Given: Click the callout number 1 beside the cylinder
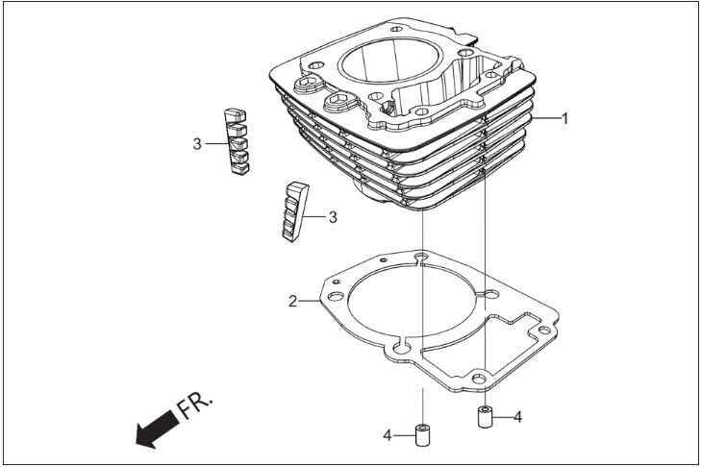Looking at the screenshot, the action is (565, 118).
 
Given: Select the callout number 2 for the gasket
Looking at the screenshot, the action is (292, 301).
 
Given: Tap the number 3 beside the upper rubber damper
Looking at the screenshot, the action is (197, 144).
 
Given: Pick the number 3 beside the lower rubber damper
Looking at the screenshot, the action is (333, 217).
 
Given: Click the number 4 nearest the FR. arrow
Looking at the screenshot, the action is (388, 435).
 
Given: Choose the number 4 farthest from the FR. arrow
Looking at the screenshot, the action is (517, 417).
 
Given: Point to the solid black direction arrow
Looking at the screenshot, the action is (157, 429).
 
